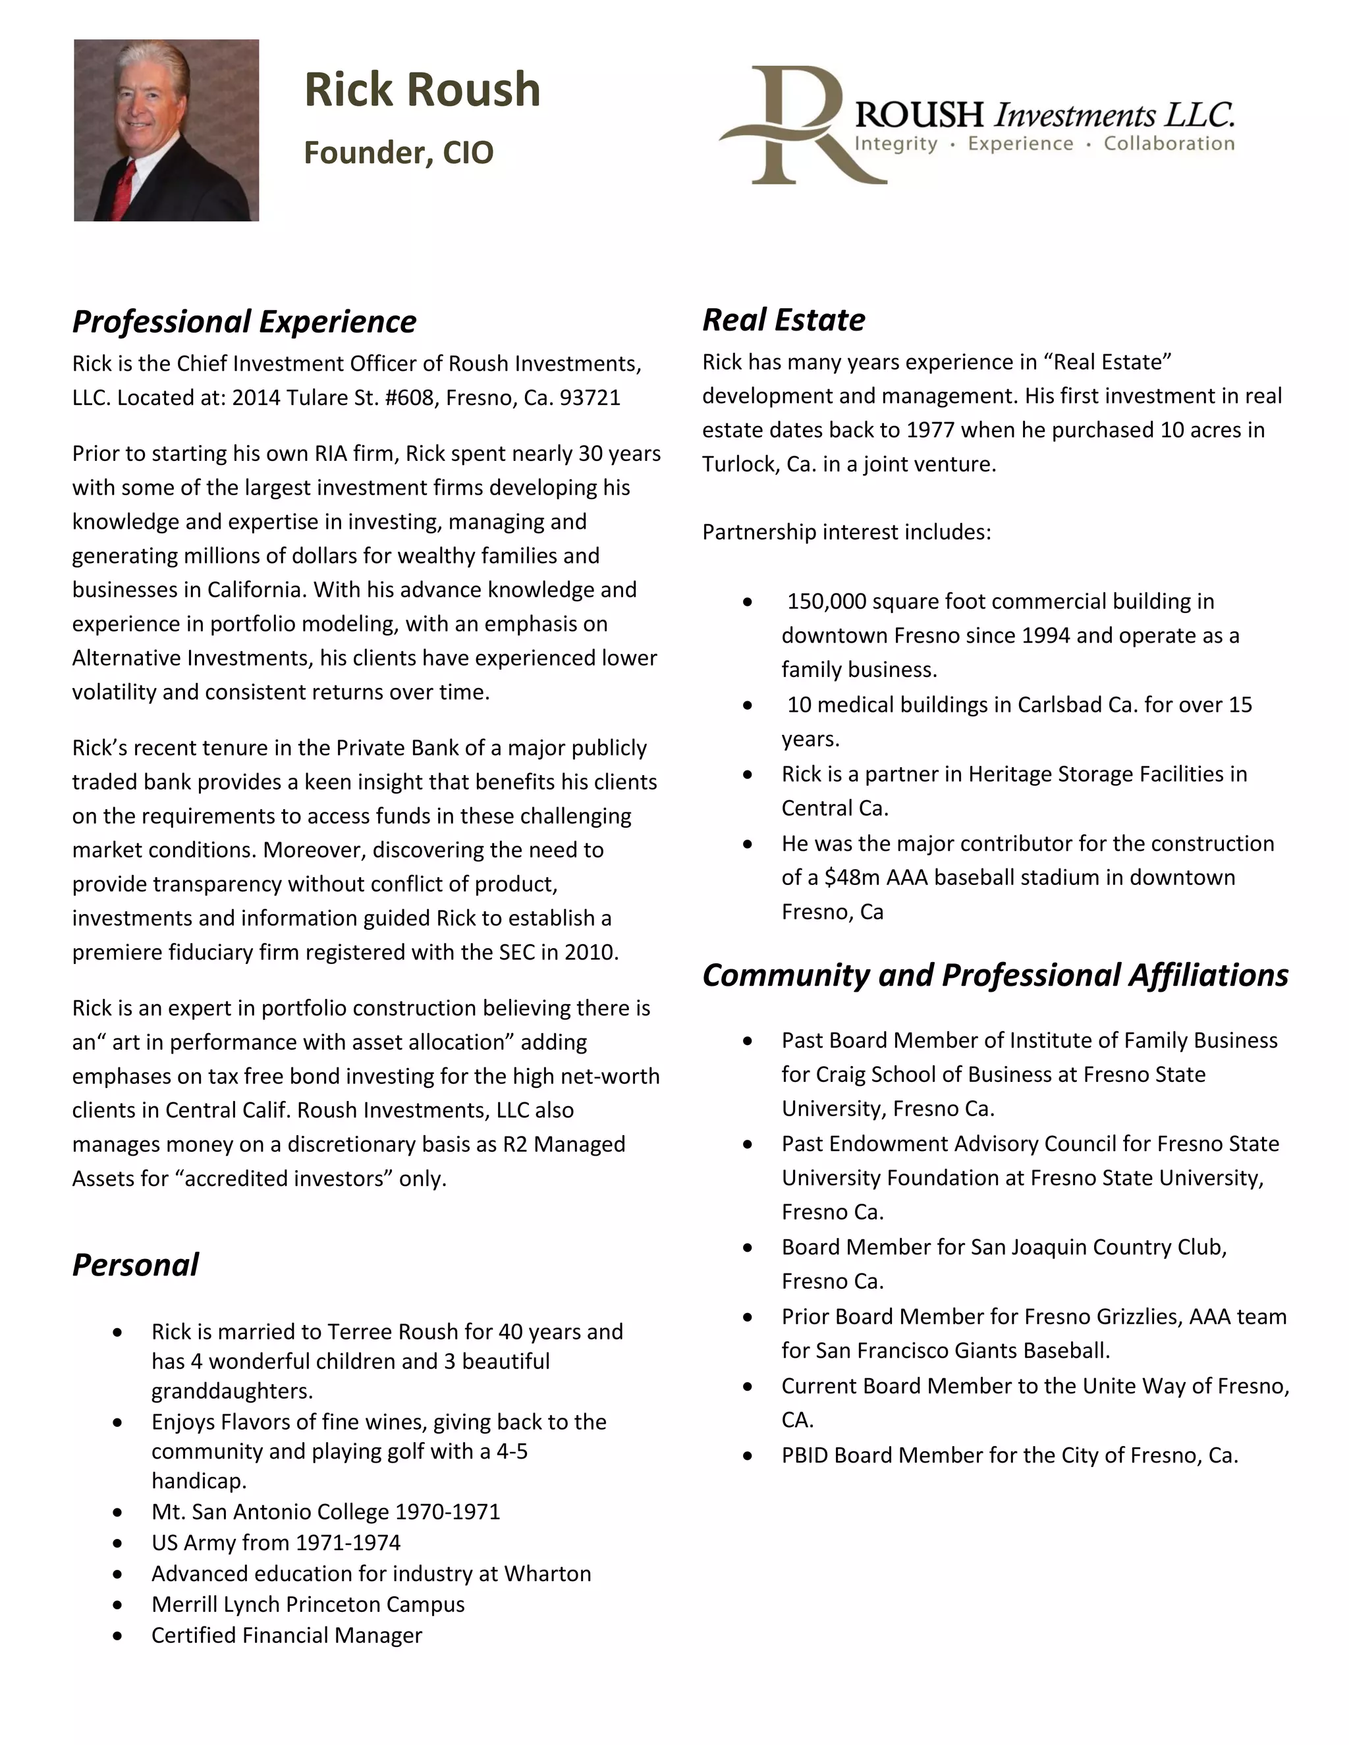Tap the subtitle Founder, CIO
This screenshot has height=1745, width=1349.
398,153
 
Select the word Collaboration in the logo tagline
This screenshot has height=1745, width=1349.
1169,144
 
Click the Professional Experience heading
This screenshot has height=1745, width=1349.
244,321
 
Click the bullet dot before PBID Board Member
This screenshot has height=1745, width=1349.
747,1456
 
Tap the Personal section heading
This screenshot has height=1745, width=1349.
135,1265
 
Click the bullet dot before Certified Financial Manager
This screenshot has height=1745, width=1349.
117,1636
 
